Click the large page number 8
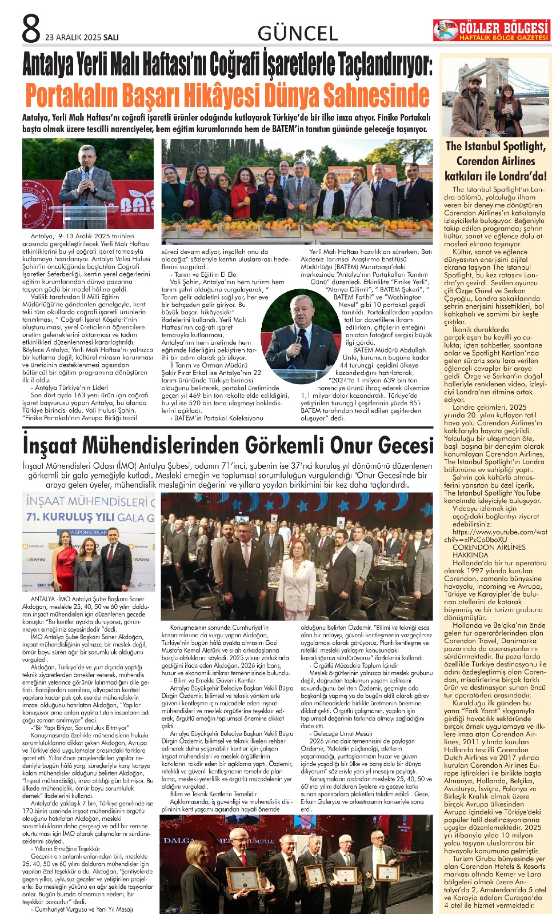coord(31,29)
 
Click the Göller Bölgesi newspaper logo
coord(492,30)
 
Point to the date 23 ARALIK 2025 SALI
coord(82,37)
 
